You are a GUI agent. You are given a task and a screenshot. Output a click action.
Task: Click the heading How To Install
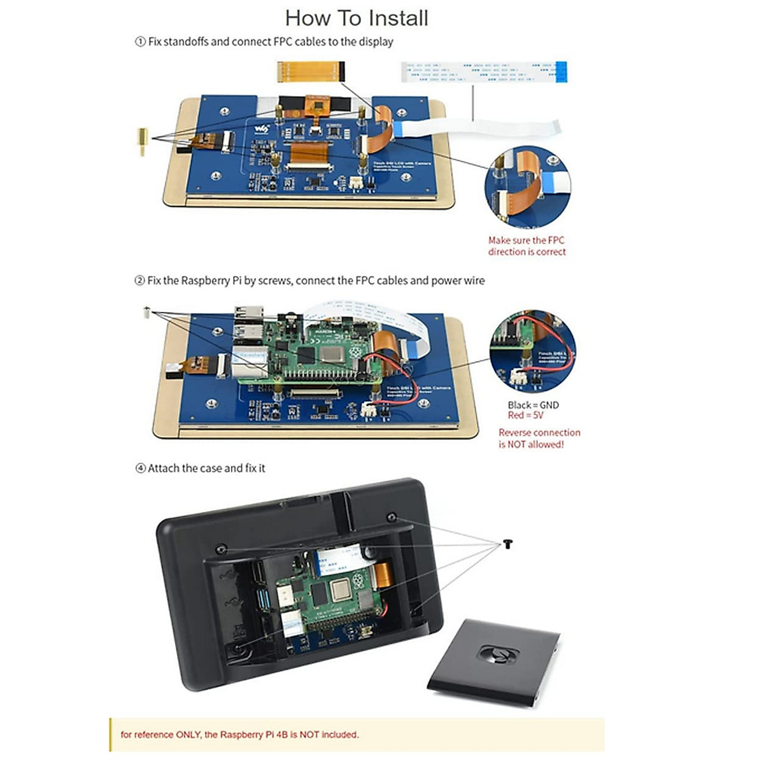pos(357,18)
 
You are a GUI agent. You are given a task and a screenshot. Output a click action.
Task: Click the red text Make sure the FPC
pos(526,240)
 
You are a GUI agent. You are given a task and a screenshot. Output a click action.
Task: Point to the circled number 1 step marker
pos(140,42)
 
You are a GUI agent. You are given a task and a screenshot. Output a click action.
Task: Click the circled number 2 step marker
pos(139,281)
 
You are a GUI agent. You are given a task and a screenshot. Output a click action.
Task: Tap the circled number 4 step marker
pos(141,469)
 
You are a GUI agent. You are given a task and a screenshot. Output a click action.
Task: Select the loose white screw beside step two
pos(146,312)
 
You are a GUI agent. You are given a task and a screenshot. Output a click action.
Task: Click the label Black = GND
pos(533,405)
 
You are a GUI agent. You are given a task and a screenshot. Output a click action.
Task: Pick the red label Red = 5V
pos(525,415)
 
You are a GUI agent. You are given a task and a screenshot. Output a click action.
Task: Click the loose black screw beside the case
pos(507,543)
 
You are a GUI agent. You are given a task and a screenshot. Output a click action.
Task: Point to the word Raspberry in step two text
pos(204,281)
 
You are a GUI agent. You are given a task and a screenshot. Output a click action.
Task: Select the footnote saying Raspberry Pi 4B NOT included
pos(239,735)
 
